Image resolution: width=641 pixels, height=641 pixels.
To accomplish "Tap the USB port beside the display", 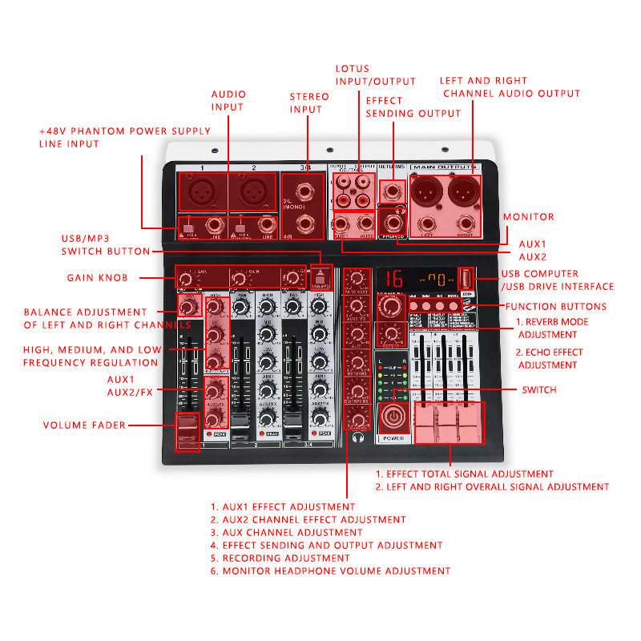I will coord(466,280).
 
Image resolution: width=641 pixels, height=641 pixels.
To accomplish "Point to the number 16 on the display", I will coord(393,280).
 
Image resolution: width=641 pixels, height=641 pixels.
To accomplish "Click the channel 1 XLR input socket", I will coord(203,192).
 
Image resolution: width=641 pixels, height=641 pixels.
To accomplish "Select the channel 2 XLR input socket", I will coord(254,192).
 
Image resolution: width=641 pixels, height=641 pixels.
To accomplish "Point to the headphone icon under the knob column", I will coord(356,438).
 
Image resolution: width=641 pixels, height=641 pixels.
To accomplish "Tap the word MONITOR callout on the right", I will coord(528,217).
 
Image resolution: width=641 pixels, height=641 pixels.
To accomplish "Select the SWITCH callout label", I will coord(538,390).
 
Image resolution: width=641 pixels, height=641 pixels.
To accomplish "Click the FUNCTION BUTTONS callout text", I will coord(555,307).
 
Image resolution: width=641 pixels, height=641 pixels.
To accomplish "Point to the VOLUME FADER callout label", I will coord(84,425).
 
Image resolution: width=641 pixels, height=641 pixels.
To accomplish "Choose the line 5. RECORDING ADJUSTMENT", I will coord(280,558).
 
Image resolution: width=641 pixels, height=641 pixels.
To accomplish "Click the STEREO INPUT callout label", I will coord(309,103).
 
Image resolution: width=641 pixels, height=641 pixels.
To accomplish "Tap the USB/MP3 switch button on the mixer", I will coord(320,278).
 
